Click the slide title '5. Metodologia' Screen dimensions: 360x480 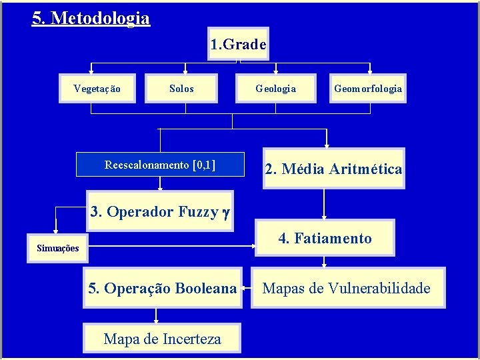pos(91,17)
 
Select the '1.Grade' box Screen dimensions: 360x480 pos(238,44)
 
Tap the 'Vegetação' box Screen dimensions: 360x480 pos(97,89)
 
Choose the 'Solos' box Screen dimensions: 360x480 pos(181,89)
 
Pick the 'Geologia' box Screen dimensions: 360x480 pos(276,89)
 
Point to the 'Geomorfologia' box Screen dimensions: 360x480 pos(368,89)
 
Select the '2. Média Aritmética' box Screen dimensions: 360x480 pos(333,169)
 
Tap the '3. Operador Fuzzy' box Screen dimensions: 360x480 pos(160,212)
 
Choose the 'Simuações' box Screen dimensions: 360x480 pos(57,248)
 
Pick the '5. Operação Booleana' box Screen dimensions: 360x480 pos(163,288)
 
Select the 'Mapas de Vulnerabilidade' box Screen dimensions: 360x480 pos(347,288)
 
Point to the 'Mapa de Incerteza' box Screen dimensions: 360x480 pos(162,339)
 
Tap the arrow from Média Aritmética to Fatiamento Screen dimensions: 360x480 pos(324,204)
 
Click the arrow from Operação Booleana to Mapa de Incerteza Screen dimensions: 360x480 pos(156,315)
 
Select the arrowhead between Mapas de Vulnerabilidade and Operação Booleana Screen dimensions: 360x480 pos(246,289)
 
